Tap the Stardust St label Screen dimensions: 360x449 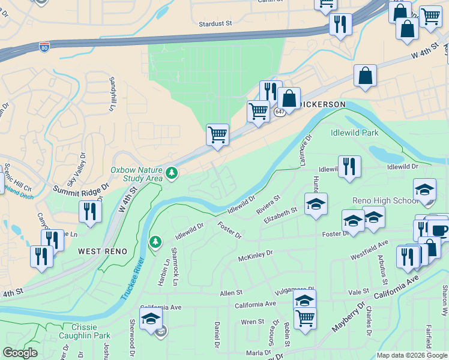click(x=215, y=24)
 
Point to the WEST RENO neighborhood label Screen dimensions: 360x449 click(x=103, y=251)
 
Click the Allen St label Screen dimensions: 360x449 click(x=231, y=293)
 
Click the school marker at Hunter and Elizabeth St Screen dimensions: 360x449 click(x=316, y=204)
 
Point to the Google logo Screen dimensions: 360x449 click(x=20, y=353)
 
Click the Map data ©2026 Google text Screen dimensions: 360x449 click(x=412, y=355)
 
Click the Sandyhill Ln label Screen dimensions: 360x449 click(x=111, y=94)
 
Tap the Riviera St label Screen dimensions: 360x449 click(x=268, y=203)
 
